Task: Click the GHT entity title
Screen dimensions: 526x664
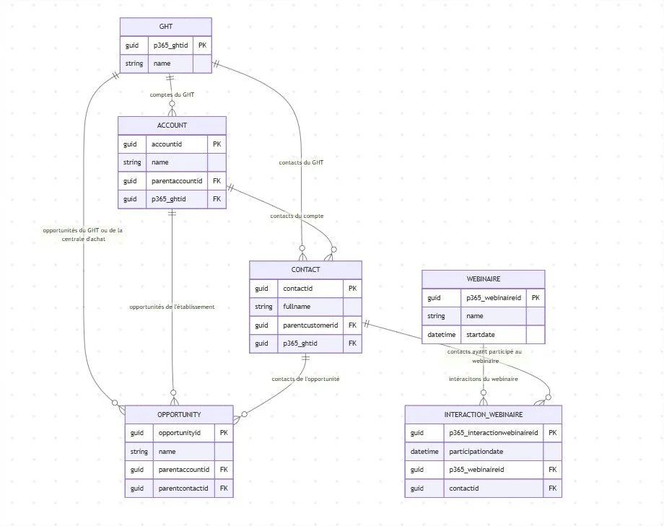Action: click(165, 27)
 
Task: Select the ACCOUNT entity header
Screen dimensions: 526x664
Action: click(172, 126)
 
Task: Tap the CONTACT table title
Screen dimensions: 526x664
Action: click(305, 270)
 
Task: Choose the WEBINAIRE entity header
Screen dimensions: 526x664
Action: click(483, 279)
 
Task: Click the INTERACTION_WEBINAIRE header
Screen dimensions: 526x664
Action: click(483, 415)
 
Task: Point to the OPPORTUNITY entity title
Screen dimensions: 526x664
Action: click(179, 414)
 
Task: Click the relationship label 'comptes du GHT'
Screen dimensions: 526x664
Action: click(172, 95)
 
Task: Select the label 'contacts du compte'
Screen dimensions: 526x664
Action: click(297, 216)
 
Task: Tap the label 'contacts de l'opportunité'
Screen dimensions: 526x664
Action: click(305, 379)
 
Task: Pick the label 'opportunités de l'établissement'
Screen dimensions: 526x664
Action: click(172, 307)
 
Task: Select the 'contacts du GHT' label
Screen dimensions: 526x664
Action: click(301, 162)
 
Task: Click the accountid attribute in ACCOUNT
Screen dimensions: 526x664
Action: click(166, 144)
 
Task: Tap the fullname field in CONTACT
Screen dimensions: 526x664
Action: click(292, 307)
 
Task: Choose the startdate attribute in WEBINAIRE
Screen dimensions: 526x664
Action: click(482, 334)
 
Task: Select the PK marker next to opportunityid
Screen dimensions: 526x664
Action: click(224, 433)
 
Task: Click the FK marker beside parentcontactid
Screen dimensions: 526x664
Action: click(224, 488)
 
